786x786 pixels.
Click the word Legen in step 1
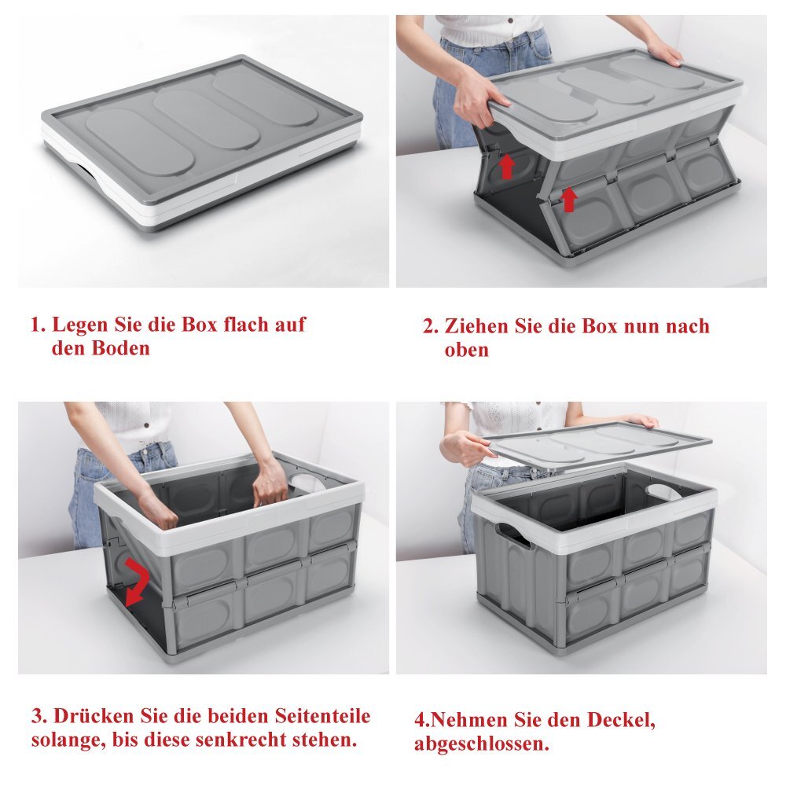pyautogui.click(x=79, y=325)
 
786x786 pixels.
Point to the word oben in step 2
pyautogui.click(x=466, y=350)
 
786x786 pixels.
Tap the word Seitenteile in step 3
pyautogui.click(x=323, y=715)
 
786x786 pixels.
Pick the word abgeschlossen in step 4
pyautogui.click(x=481, y=744)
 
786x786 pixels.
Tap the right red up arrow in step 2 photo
pyautogui.click(x=568, y=200)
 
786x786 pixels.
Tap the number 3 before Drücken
pyautogui.click(x=38, y=716)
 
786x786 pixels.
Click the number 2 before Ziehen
pyautogui.click(x=430, y=326)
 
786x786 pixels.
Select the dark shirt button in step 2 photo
pyautogui.click(x=511, y=21)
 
